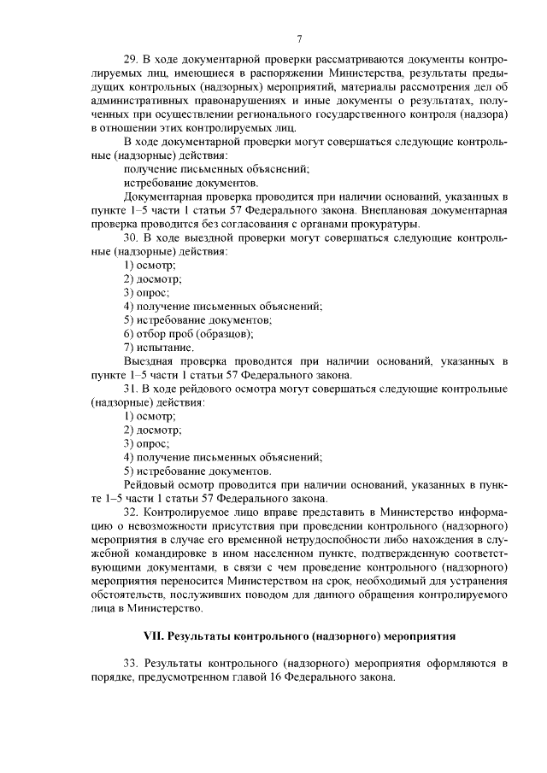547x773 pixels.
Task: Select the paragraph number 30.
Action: pos(131,237)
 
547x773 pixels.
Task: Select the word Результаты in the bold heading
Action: pos(198,636)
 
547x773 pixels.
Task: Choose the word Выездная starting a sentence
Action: pos(150,360)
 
